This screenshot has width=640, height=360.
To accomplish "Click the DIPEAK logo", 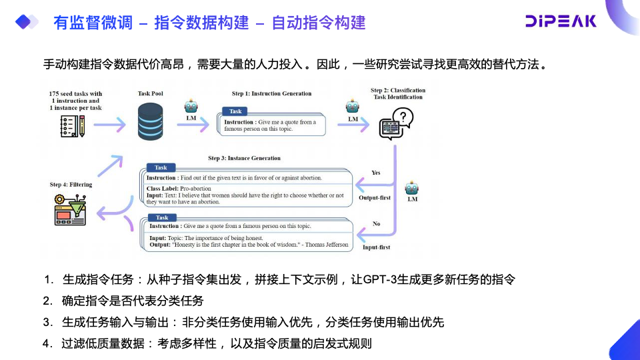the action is [561, 21].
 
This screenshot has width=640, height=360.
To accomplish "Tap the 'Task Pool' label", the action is [150, 94].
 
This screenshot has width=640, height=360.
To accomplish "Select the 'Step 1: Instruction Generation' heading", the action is [271, 94].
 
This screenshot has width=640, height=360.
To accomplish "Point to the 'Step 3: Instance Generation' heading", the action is [244, 159].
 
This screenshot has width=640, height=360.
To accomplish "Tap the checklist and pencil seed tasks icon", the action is [72, 125].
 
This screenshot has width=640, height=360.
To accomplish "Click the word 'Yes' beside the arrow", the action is [376, 173].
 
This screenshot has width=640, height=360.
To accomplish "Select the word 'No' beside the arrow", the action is [376, 224].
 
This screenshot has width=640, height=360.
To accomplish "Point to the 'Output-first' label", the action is [375, 198].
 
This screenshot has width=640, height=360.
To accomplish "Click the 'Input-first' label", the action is [376, 247].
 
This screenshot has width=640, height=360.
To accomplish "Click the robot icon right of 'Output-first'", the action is [412, 188].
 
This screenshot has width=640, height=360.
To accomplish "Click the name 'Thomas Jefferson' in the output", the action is [328, 245].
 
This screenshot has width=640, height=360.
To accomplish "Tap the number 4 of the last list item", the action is [47, 344].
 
